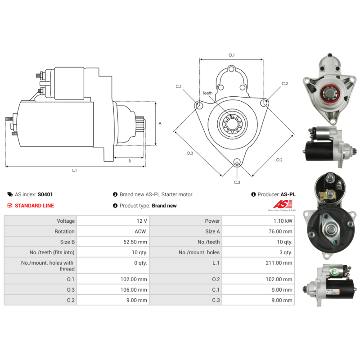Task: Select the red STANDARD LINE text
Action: (x=34, y=206)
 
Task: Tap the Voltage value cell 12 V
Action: (x=142, y=221)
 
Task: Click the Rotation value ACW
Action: (x=141, y=231)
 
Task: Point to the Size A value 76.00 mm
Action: (x=280, y=231)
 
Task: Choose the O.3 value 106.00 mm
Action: (x=134, y=290)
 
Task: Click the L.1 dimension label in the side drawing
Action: (x=74, y=171)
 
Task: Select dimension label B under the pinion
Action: (x=130, y=161)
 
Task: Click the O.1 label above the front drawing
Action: (x=232, y=55)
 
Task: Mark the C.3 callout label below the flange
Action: (x=237, y=182)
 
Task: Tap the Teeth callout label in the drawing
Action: (x=207, y=93)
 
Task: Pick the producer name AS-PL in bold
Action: (x=288, y=195)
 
